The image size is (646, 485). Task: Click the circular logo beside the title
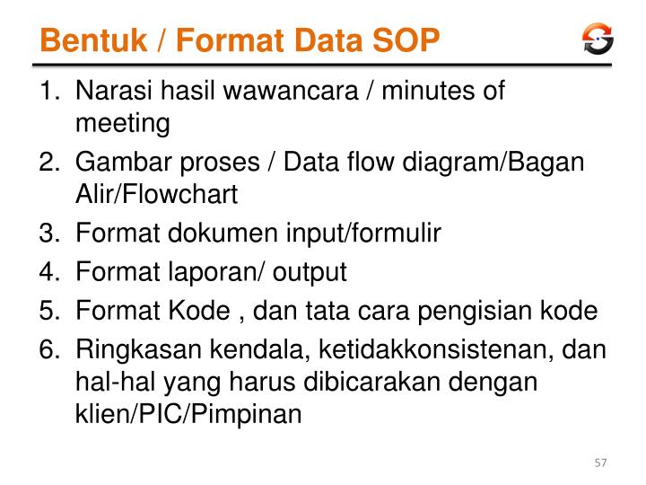point(598,39)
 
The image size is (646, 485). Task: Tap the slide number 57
point(601,463)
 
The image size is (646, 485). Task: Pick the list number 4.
point(48,272)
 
